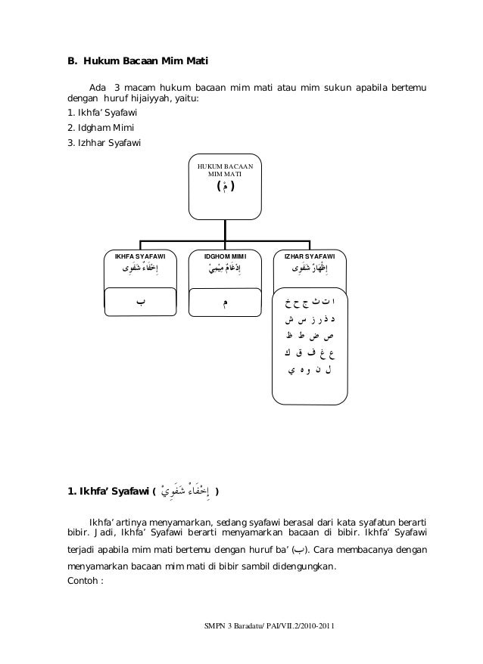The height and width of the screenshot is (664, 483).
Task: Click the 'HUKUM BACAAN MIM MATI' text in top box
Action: (x=225, y=169)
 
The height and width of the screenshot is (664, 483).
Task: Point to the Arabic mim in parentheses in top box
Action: (x=225, y=186)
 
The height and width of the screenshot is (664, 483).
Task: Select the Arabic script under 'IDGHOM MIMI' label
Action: (x=226, y=270)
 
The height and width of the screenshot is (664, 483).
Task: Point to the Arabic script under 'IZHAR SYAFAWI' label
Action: (x=310, y=270)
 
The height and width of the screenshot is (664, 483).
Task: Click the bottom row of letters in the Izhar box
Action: (x=310, y=371)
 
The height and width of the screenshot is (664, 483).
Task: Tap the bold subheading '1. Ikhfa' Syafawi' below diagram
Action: (x=110, y=493)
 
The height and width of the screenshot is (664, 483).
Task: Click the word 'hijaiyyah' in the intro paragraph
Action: (x=155, y=98)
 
